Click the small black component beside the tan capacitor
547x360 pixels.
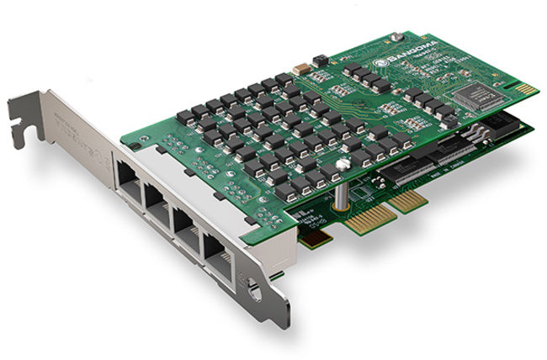pos(318,61)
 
